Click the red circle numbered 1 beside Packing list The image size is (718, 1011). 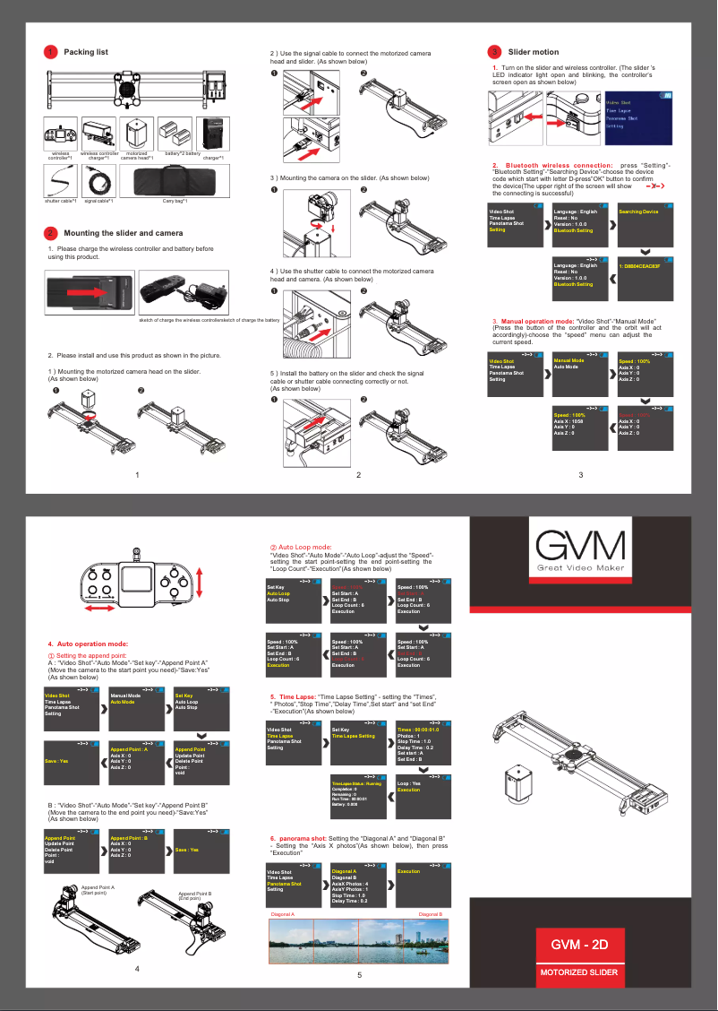tap(52, 52)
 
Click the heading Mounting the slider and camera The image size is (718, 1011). tap(124, 233)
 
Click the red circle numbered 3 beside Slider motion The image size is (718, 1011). tap(494, 52)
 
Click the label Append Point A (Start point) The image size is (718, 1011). tap(104, 890)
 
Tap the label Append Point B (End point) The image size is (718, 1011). tap(194, 894)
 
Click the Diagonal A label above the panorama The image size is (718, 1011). tap(283, 914)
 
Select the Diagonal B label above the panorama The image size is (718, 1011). tap(431, 914)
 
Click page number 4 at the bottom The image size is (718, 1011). tap(137, 968)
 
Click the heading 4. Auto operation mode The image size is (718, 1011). tap(89, 644)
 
